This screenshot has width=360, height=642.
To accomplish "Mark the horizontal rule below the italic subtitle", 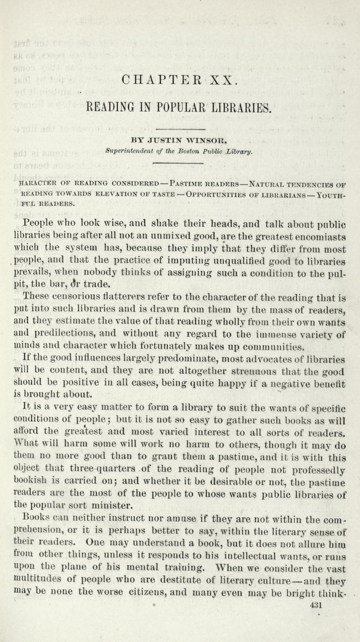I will tap(180, 163).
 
